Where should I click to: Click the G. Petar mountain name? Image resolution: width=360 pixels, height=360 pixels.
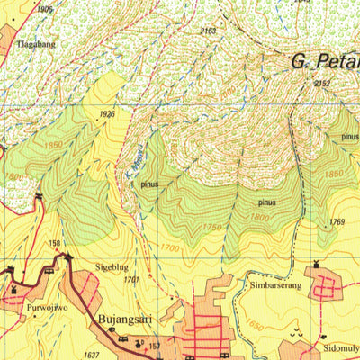tap(324, 62)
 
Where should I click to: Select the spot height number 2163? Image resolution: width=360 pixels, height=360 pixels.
tap(208, 31)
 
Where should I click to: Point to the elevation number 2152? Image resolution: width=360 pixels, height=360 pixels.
tap(323, 84)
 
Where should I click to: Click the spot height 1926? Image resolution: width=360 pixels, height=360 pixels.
tap(107, 114)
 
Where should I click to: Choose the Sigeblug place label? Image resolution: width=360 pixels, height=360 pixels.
tap(112, 267)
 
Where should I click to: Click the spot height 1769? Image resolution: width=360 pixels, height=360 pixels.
tap(337, 222)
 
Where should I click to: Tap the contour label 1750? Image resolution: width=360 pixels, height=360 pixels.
tap(211, 229)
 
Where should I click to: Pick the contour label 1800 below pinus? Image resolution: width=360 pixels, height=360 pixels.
tap(260, 217)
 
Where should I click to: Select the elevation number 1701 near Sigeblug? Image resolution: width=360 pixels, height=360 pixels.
tap(132, 280)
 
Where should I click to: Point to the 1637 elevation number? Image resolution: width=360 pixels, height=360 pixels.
tap(91, 354)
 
